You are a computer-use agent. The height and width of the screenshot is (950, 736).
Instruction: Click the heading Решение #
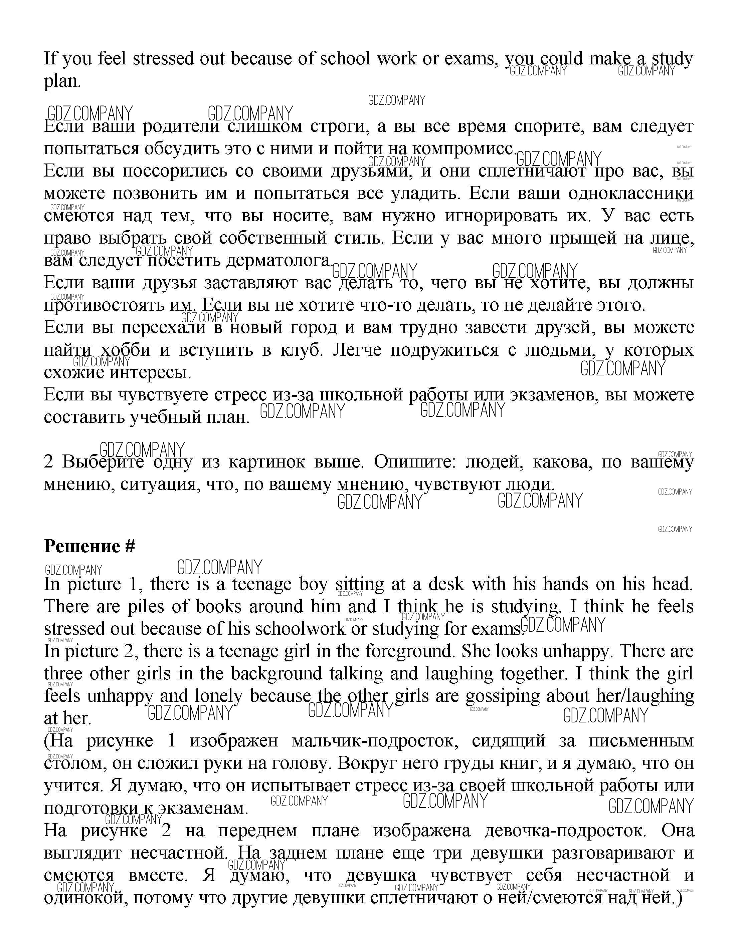pos(89,546)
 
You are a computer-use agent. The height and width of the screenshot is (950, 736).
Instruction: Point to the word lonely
pos(218,696)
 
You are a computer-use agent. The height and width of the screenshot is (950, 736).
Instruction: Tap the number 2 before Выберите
pos(49,461)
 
